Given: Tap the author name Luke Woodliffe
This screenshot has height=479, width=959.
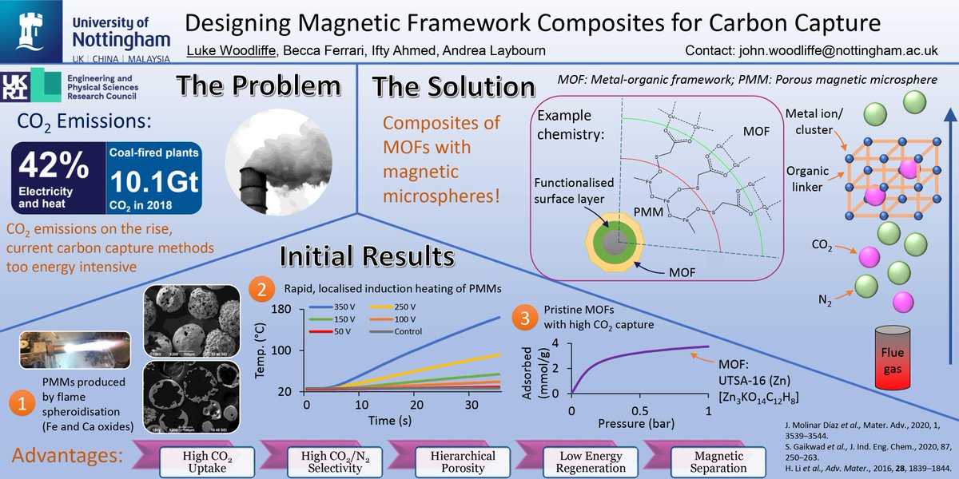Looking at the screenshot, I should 227,50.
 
